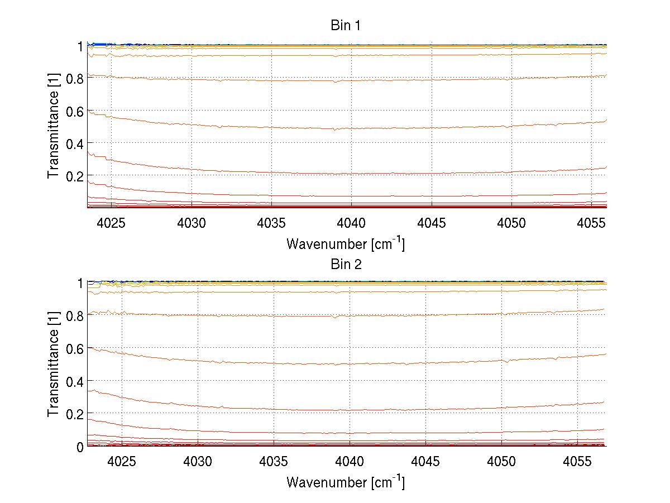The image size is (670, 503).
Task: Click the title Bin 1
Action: [x=346, y=25]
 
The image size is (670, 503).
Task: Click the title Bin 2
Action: [x=346, y=264]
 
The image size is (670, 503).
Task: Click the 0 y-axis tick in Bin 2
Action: [x=80, y=446]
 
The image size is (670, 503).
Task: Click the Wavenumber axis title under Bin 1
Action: [x=346, y=243]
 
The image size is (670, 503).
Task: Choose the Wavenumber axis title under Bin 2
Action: [x=346, y=482]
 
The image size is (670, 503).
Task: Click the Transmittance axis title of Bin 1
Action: [x=54, y=126]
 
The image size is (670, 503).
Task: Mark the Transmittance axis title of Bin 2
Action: [x=54, y=364]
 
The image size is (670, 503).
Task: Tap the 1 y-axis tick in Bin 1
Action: [x=80, y=46]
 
